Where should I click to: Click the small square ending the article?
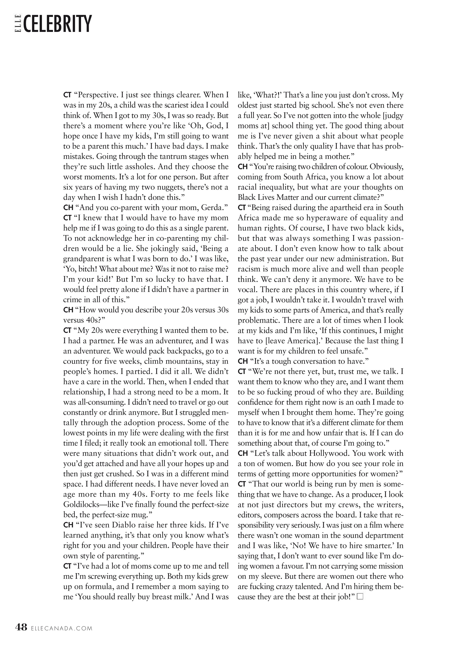point(360,597)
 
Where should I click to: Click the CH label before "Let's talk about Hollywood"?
point(243,454)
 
